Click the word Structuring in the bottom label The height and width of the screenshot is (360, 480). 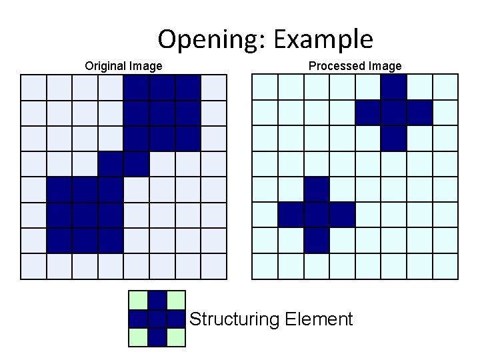234,319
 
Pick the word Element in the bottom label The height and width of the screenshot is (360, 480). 319,319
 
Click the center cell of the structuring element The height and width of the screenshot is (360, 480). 157,319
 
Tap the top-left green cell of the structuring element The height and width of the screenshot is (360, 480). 138,301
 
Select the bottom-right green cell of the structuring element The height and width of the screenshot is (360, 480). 175,338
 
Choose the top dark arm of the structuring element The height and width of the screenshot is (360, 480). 157,301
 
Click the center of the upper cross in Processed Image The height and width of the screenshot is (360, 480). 394,113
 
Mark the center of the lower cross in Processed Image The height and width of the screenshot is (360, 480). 317,215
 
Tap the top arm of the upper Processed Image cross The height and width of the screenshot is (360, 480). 394,87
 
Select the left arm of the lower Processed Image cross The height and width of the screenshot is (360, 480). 291,215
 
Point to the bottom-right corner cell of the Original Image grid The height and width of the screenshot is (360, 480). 214,267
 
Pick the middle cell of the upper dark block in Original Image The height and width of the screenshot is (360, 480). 163,113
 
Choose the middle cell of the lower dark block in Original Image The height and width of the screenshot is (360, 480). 85,215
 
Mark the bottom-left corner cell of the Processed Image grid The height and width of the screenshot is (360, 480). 265,267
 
